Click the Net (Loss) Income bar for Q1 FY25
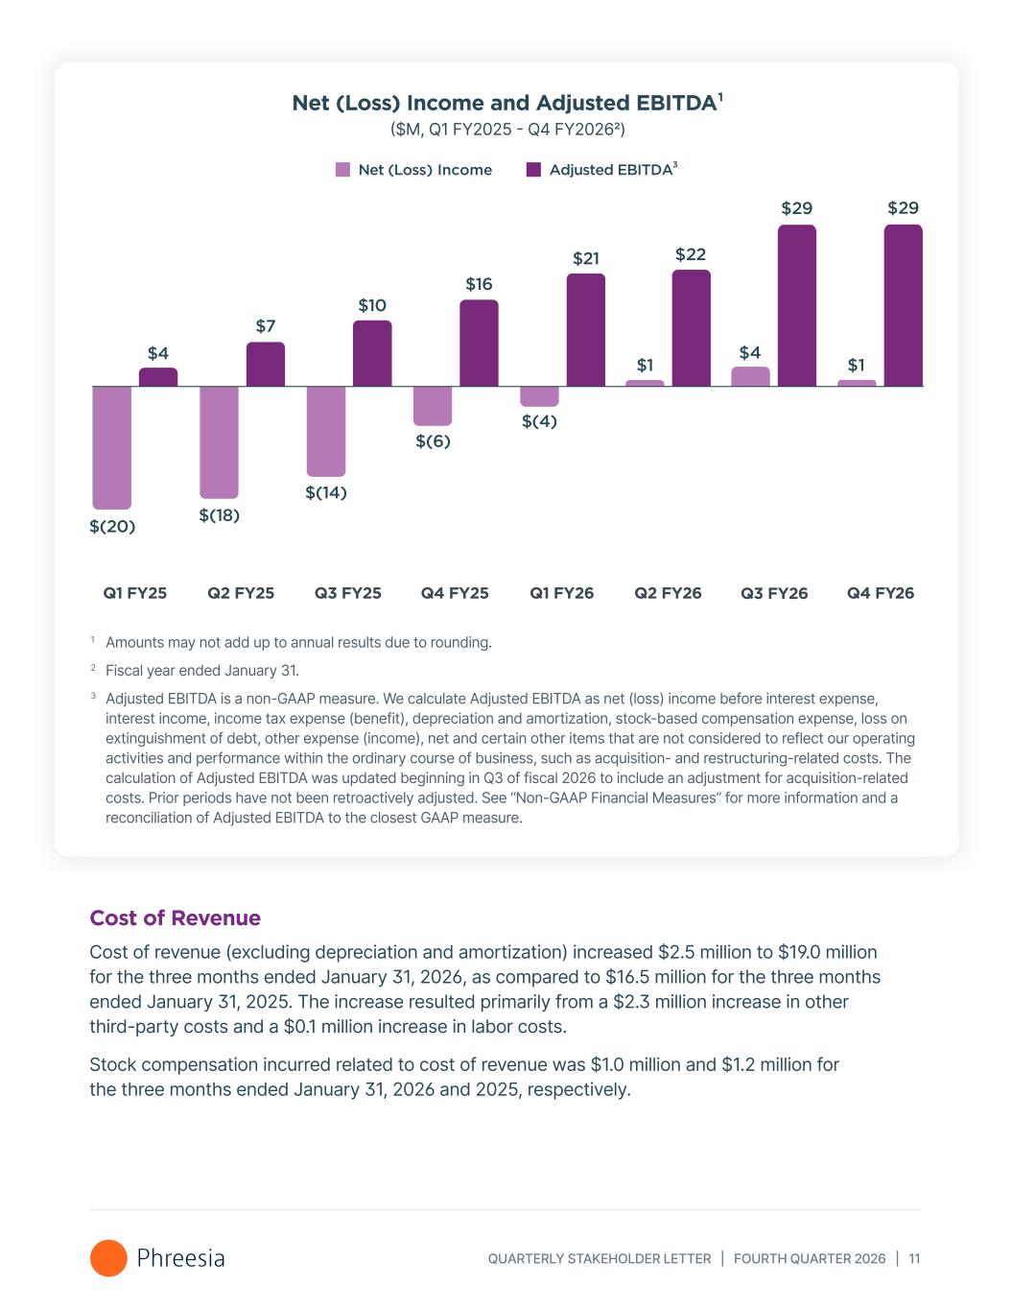tap(111, 447)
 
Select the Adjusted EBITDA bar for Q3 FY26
tap(796, 306)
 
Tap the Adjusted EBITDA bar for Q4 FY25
tap(479, 344)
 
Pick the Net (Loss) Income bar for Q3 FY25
tap(326, 431)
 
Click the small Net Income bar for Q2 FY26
tap(645, 383)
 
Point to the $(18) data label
tap(219, 515)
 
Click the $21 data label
tap(586, 258)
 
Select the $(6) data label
tap(433, 441)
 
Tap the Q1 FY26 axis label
tap(561, 593)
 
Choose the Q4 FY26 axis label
tap(880, 593)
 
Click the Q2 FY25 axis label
tap(241, 593)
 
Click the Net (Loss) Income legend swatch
tap(342, 170)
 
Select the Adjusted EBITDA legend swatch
tap(533, 170)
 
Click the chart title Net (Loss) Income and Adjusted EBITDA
tap(505, 104)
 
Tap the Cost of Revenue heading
tap(175, 918)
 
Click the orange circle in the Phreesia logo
tap(108, 1258)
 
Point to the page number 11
tap(914, 1259)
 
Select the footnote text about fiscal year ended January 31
tap(201, 671)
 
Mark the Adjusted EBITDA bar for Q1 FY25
tap(158, 377)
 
